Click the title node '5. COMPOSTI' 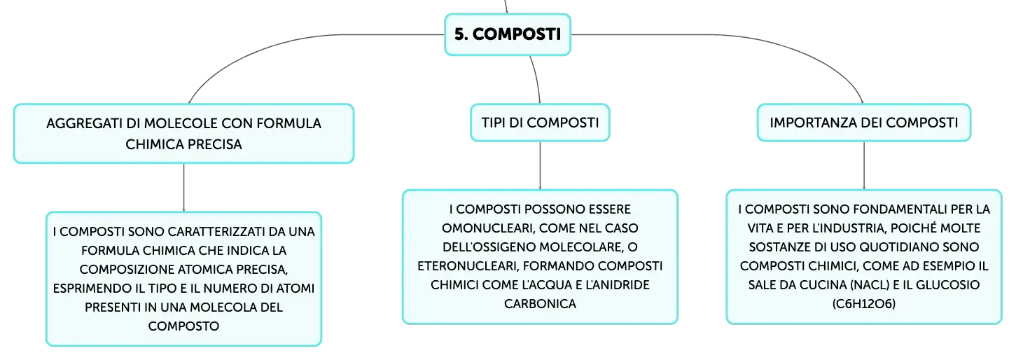[x=508, y=34]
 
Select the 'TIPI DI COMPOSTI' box [x=540, y=123]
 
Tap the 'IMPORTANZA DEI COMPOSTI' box [x=863, y=123]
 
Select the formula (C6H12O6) [x=863, y=304]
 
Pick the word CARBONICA [x=540, y=304]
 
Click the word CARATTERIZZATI [x=211, y=232]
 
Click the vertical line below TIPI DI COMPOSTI [x=540, y=165]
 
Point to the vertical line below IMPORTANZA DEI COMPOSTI [x=863, y=165]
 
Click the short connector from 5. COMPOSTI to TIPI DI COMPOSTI [x=536, y=79]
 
